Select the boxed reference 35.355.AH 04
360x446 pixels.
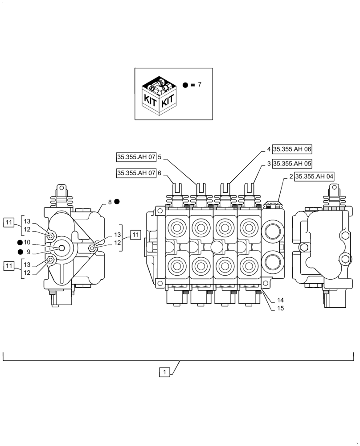point(314,176)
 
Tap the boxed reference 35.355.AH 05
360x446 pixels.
point(292,163)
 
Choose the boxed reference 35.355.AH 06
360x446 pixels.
point(292,149)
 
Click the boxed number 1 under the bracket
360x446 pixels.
point(164,372)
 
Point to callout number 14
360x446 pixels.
point(280,300)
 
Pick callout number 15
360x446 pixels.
point(280,308)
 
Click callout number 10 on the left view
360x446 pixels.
point(27,242)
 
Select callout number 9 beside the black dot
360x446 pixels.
point(29,252)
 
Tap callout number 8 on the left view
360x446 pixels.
point(110,202)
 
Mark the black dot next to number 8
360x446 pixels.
point(117,202)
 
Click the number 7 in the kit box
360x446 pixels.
point(200,84)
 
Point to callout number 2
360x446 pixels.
point(290,176)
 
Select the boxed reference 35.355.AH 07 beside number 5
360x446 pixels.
point(136,157)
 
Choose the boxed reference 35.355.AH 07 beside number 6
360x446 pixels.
point(136,173)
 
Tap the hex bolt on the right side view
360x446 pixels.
point(344,258)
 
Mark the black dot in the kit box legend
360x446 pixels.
point(185,84)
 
